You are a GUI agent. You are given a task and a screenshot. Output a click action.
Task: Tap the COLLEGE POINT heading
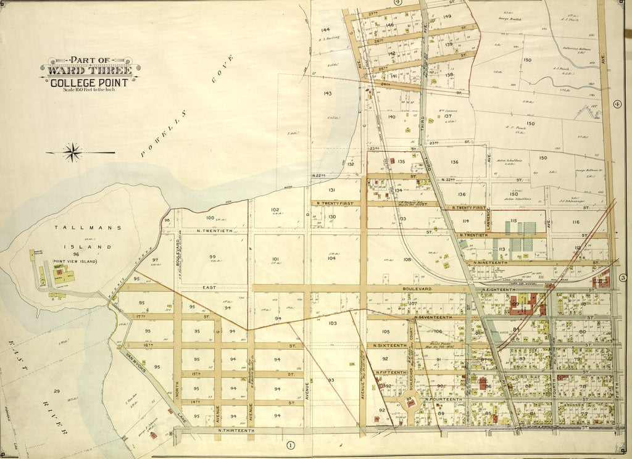(89, 83)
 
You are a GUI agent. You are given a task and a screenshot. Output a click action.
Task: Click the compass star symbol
(73, 152)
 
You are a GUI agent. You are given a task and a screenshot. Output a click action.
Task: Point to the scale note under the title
(89, 91)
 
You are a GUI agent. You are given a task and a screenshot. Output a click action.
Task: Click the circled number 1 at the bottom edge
(291, 444)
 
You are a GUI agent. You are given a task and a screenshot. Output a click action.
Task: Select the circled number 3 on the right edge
(623, 278)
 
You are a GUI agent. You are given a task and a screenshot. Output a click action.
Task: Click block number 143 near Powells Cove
(327, 94)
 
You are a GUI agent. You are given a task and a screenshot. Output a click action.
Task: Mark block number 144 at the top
(325, 30)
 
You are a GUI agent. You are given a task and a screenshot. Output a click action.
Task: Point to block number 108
(407, 260)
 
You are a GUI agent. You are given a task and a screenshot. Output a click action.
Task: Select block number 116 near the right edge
(576, 221)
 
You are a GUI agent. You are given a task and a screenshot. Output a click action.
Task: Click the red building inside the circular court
(409, 403)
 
